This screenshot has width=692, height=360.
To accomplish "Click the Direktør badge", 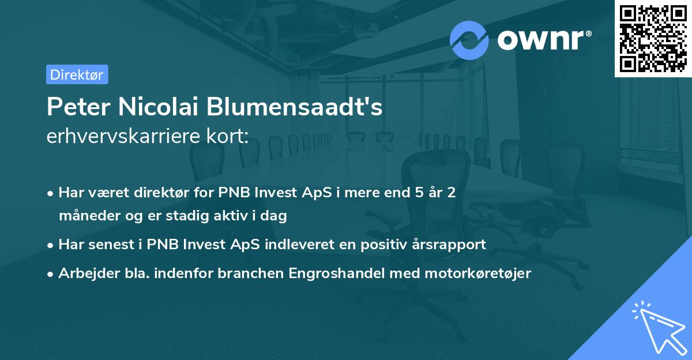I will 77,74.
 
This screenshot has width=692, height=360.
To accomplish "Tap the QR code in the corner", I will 653,39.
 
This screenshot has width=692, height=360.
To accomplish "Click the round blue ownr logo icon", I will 469,40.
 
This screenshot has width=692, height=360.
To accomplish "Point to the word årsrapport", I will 450,245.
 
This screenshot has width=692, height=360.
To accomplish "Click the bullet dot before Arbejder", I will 51,274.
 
